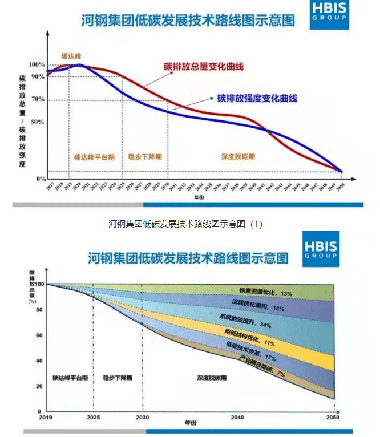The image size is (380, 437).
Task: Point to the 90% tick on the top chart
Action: (x=39, y=76)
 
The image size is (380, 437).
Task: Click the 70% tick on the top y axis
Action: (x=39, y=100)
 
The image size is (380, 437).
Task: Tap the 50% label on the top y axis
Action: (x=39, y=122)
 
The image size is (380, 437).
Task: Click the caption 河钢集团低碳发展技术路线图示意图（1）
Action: (x=185, y=224)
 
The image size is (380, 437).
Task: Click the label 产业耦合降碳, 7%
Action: (x=262, y=366)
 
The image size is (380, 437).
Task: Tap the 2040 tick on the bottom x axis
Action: (x=238, y=418)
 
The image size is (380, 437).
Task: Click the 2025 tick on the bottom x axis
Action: (x=93, y=418)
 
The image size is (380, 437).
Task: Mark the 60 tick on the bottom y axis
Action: (x=39, y=335)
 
